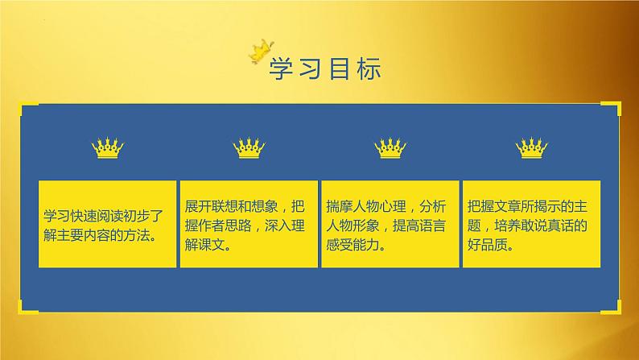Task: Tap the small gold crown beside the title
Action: pyautogui.click(x=260, y=50)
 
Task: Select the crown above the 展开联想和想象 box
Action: pyautogui.click(x=249, y=148)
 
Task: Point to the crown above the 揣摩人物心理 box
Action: pyautogui.click(x=390, y=148)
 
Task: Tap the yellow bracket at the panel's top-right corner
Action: pyautogui.click(x=617, y=107)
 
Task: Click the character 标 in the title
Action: pyautogui.click(x=366, y=68)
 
